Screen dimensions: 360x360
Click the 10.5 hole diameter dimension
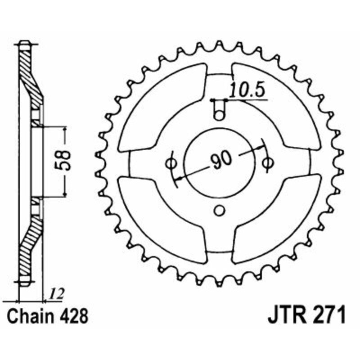[x=247, y=90]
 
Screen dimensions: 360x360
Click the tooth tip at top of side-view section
[x=24, y=45]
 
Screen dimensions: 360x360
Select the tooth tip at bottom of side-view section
[x=24, y=283]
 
